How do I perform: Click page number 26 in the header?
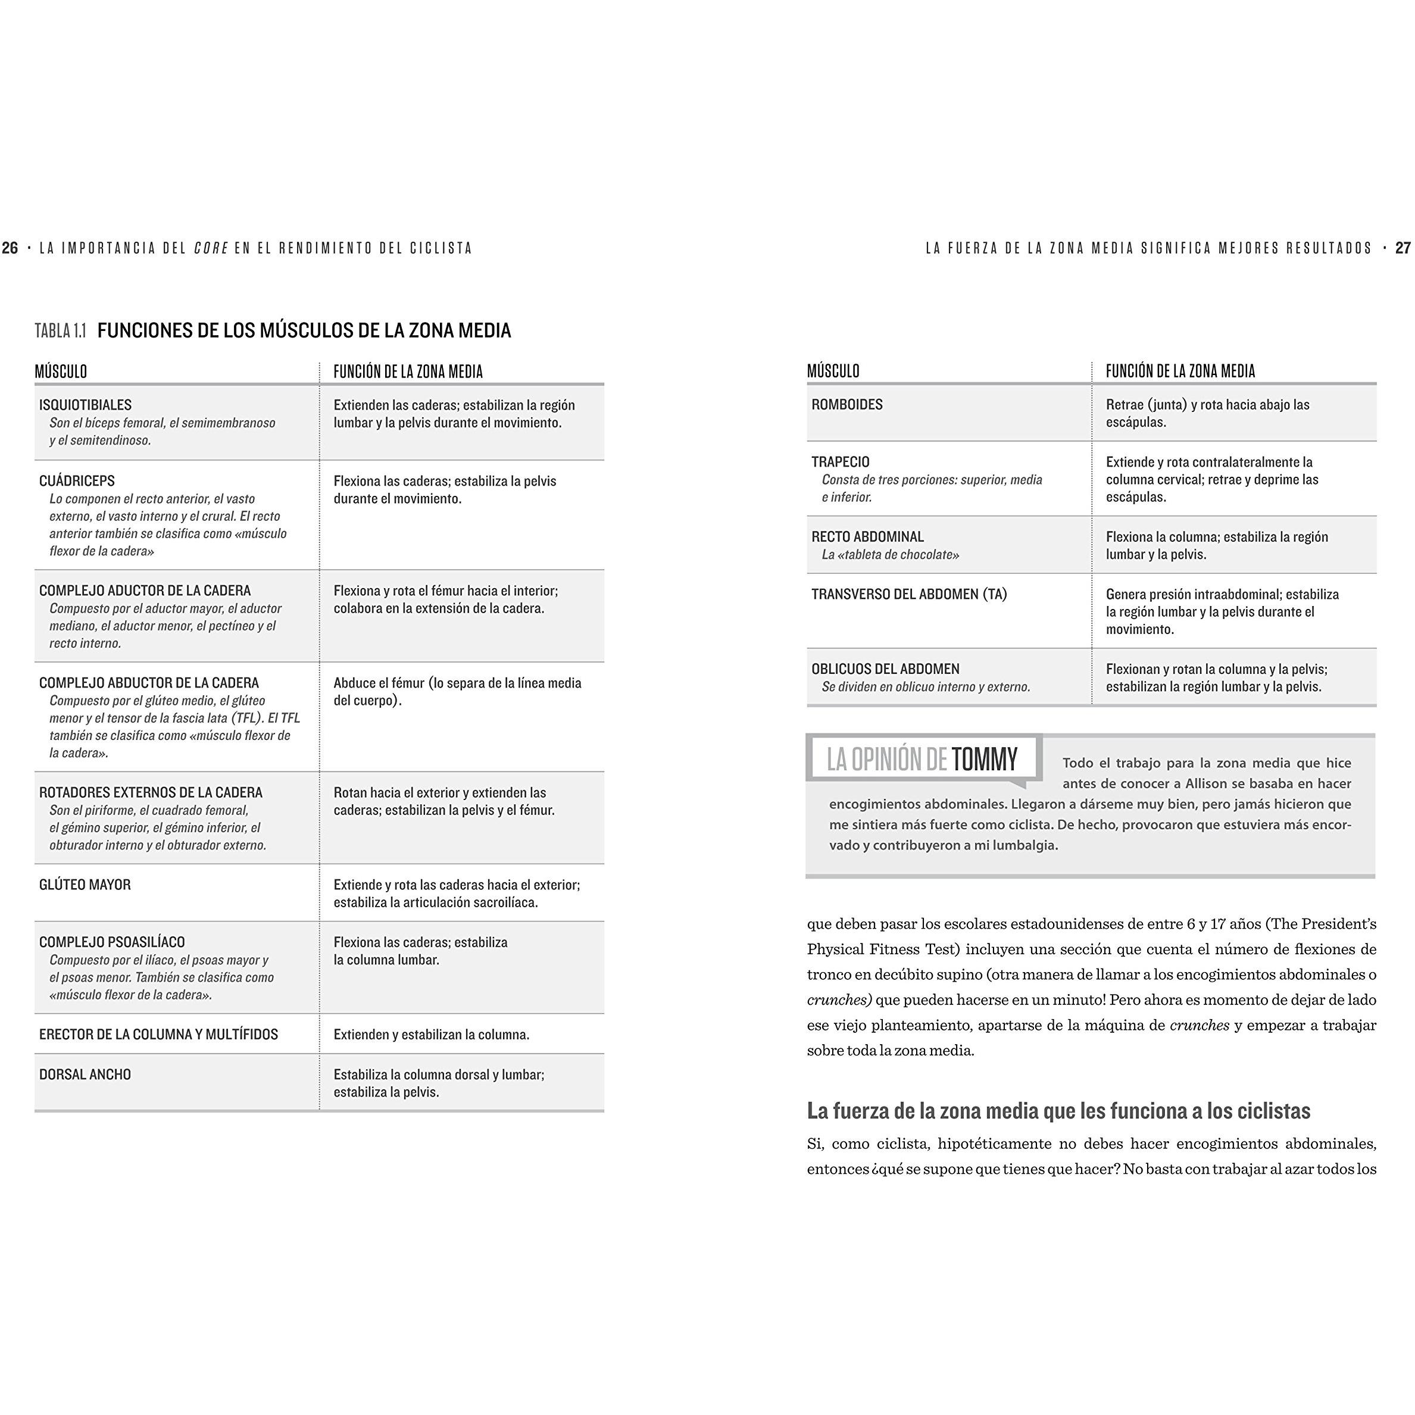pos(10,248)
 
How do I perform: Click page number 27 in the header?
pos(1402,248)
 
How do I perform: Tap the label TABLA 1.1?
pos(60,331)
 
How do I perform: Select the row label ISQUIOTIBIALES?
pos(85,405)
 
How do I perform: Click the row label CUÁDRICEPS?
pos(77,481)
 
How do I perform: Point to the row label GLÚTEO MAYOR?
pos(85,885)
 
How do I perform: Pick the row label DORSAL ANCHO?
pos(85,1074)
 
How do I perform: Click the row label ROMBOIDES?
pos(846,404)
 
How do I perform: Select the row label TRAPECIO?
pos(840,462)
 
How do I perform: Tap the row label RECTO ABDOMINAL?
pos(867,537)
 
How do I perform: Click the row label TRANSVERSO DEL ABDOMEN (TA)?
pos(909,594)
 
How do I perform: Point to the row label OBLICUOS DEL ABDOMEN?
pos(885,669)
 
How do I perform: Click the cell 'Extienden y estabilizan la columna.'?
pos(432,1035)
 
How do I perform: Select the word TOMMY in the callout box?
pos(985,760)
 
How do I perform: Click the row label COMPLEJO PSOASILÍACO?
pos(112,942)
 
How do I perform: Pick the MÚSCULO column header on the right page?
pos(833,371)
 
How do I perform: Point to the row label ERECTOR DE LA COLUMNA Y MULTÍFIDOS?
pos(158,1034)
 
